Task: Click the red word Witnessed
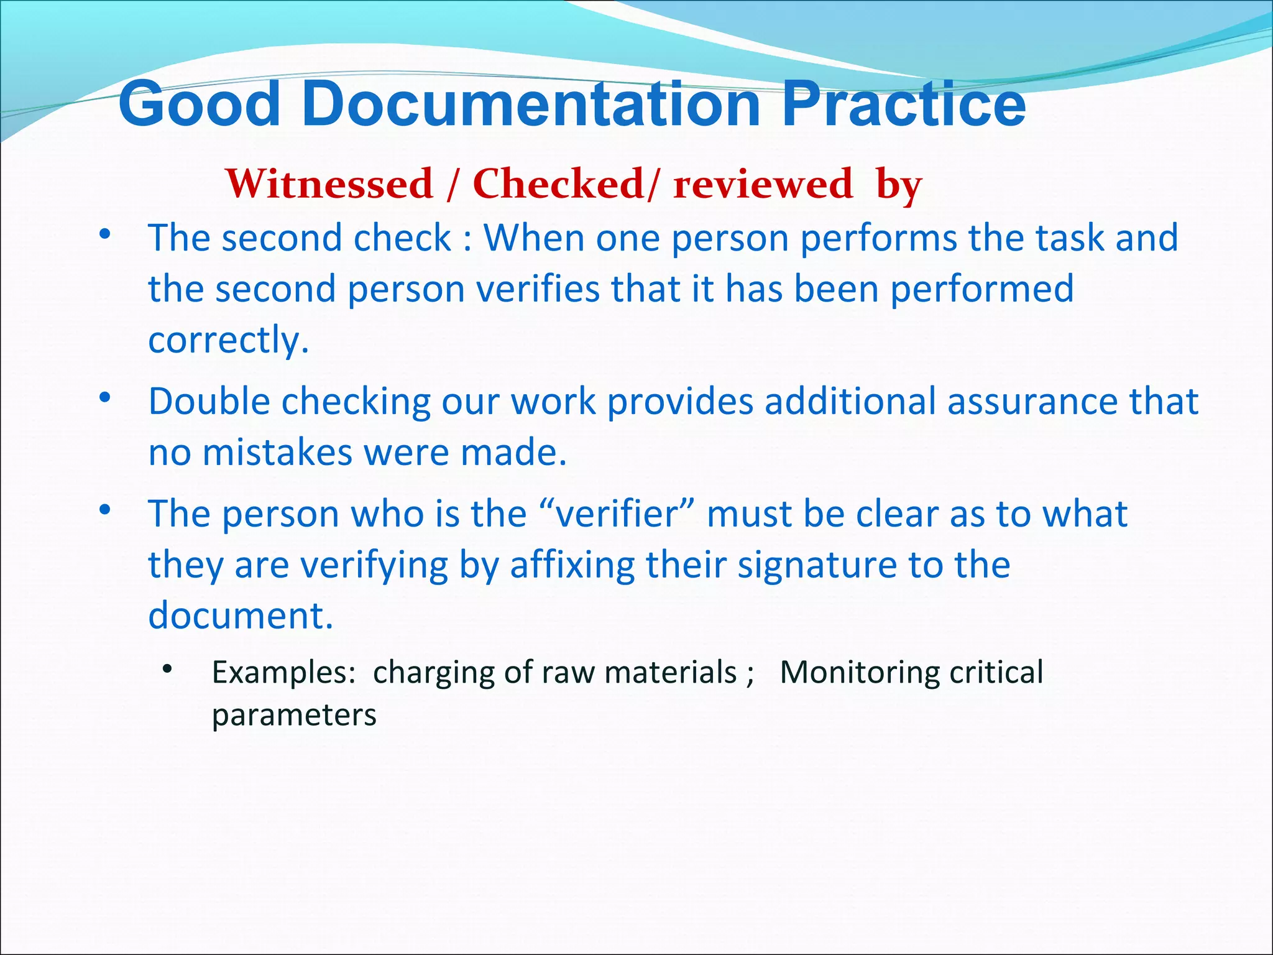click(329, 184)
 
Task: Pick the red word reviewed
click(763, 184)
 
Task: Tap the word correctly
click(228, 340)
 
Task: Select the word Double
click(209, 401)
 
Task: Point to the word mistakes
click(277, 452)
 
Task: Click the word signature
click(817, 565)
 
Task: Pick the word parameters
click(294, 715)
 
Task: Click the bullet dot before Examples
click(167, 670)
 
